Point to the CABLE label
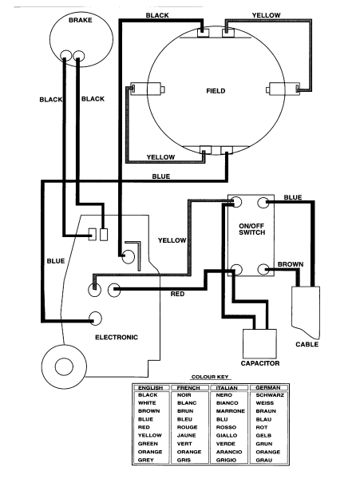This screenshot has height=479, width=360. click(x=307, y=344)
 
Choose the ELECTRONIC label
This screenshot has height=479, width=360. click(x=117, y=337)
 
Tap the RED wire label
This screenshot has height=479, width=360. click(x=179, y=294)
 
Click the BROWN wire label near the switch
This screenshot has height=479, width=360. click(x=289, y=263)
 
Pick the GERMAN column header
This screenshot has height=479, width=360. click(x=266, y=387)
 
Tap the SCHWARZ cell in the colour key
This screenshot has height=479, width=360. click(x=266, y=395)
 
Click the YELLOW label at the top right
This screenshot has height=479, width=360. click(x=266, y=15)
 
